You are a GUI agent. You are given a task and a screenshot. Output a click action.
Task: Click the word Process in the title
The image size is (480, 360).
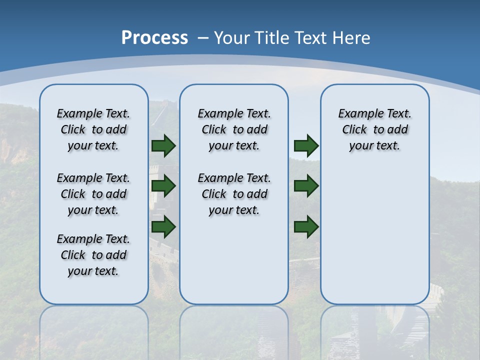pyautogui.click(x=154, y=37)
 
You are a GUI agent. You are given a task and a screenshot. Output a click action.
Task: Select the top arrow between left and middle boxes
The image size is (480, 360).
pyautogui.click(x=163, y=146)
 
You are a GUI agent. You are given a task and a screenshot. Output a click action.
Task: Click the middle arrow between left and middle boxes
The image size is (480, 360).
pyautogui.click(x=163, y=186)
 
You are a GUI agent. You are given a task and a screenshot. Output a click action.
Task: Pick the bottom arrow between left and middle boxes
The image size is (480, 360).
pyautogui.click(x=163, y=226)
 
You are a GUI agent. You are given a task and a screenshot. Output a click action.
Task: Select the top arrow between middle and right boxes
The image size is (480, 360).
pyautogui.click(x=306, y=146)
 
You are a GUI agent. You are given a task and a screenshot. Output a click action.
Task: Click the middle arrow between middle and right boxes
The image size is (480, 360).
pyautogui.click(x=306, y=186)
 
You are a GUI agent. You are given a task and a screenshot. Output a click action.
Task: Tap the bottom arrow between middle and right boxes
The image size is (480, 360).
pyautogui.click(x=306, y=226)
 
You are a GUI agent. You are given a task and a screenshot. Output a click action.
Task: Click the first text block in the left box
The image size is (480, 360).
pyautogui.click(x=93, y=129)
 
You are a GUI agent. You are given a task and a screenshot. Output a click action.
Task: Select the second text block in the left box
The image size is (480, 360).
pyautogui.click(x=93, y=194)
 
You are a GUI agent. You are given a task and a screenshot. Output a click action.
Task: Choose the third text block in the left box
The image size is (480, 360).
pyautogui.click(x=93, y=255)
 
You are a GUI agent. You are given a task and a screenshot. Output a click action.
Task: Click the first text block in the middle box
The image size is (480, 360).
pyautogui.click(x=234, y=129)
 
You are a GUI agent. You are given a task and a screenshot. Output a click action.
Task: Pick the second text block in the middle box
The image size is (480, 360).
pyautogui.click(x=234, y=194)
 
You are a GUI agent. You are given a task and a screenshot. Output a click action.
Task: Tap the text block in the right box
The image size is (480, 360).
pyautogui.click(x=375, y=129)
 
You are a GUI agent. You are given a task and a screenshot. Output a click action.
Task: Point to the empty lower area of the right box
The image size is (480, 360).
pyautogui.click(x=375, y=235)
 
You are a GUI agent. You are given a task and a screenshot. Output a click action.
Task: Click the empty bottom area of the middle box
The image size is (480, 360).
pyautogui.click(x=234, y=265)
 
